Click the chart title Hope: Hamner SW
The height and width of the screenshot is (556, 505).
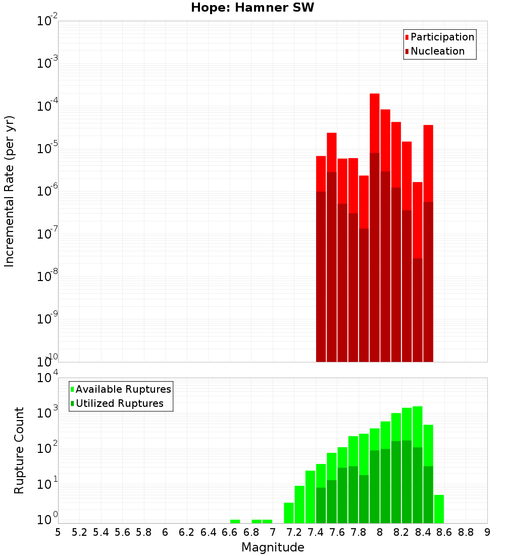tap(252, 8)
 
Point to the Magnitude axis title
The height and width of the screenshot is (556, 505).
tap(273, 547)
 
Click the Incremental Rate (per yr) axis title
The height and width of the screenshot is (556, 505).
tap(10, 191)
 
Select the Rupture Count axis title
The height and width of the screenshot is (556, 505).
tap(19, 450)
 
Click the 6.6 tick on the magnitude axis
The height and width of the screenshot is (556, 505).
tap(230, 532)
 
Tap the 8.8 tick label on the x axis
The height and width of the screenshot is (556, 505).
tap(466, 532)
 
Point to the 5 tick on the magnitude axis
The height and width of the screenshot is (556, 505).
tap(58, 532)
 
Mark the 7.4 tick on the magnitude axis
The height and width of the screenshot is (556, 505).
tap(316, 532)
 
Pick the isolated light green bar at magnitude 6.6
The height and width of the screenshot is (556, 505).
tap(235, 521)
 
